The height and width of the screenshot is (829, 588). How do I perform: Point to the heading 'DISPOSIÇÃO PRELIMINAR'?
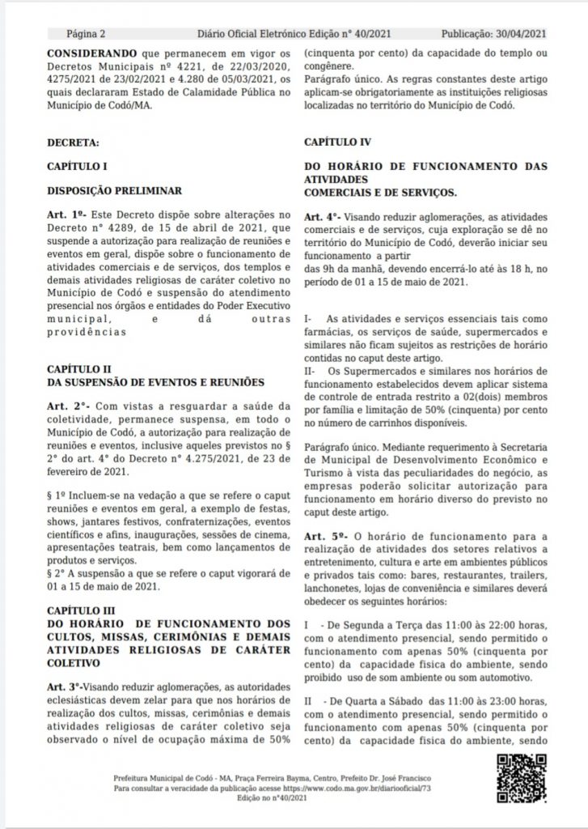point(112,191)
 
